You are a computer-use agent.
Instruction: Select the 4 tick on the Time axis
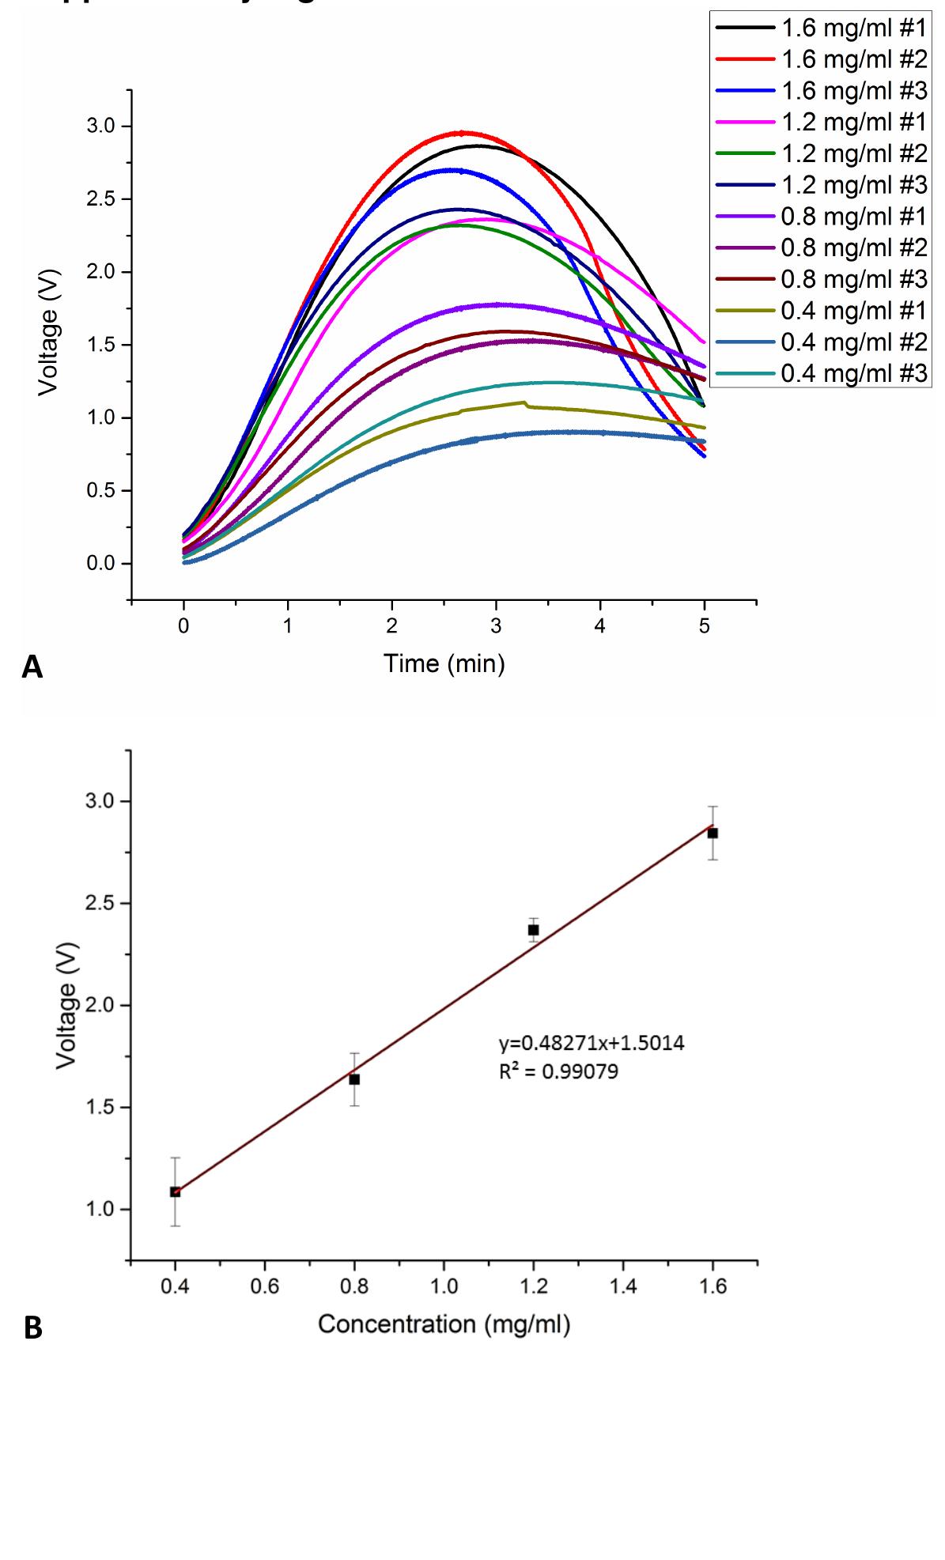click(x=600, y=626)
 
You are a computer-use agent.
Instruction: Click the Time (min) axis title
click(x=444, y=663)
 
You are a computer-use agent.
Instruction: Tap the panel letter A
click(x=32, y=667)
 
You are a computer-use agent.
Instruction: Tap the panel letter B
click(x=32, y=1328)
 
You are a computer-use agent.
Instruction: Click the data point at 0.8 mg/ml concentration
click(x=354, y=1079)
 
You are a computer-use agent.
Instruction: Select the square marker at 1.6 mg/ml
click(x=713, y=833)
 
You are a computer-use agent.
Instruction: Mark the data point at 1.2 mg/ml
click(x=534, y=930)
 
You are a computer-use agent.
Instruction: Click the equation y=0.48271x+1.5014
click(x=592, y=1044)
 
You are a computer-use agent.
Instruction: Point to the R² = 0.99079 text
click(x=558, y=1072)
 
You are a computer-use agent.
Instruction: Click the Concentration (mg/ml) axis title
click(x=444, y=1324)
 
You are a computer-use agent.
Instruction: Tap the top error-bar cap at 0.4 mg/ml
click(x=175, y=1158)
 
